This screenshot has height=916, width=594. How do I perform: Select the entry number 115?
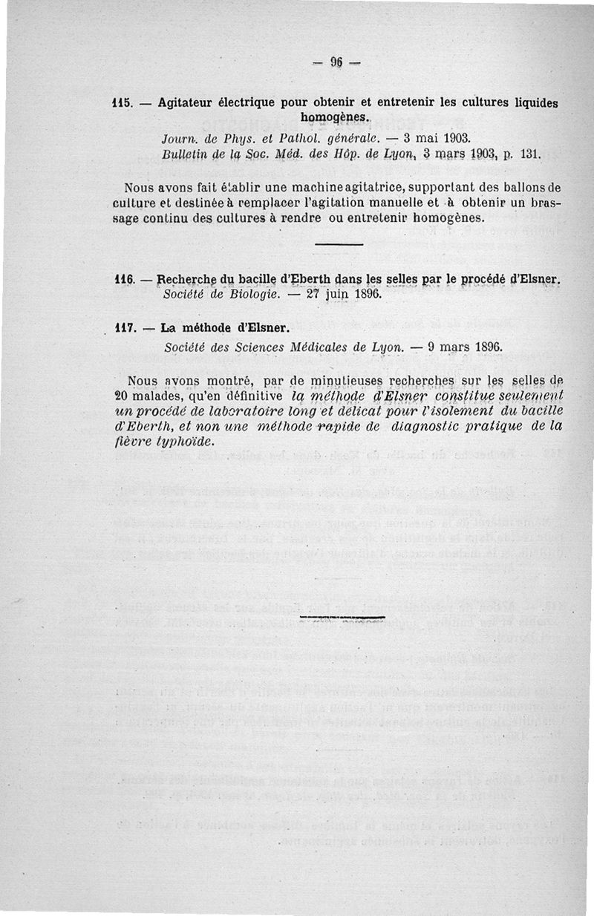(121, 102)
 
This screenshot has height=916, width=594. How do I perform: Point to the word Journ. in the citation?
(178, 139)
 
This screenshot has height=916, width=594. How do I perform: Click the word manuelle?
(420, 202)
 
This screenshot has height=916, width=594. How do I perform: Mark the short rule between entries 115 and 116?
(339, 244)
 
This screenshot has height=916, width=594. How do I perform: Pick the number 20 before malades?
(123, 396)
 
